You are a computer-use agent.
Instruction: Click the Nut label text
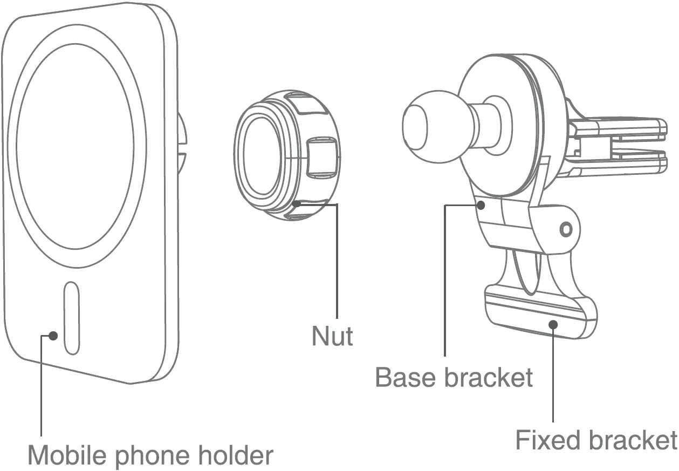click(x=332, y=336)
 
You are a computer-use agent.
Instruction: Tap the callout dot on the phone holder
click(x=53, y=336)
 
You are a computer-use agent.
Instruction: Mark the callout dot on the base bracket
click(x=481, y=204)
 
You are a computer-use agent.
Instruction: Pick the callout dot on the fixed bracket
click(x=553, y=324)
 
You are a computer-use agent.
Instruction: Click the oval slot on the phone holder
click(x=72, y=318)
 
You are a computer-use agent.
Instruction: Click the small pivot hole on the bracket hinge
click(x=565, y=230)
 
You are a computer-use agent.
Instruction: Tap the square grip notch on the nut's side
click(x=321, y=158)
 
